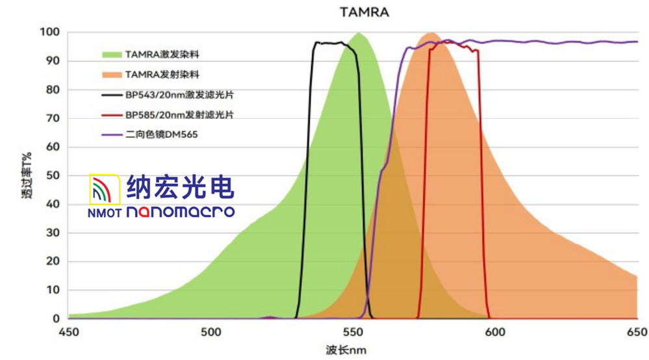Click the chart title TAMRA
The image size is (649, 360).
pos(364,12)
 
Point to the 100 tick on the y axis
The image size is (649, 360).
pos(50,32)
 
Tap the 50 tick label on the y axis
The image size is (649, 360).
pos(53,175)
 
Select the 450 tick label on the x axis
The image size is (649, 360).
pos(68,331)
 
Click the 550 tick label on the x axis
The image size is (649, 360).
pos(352,331)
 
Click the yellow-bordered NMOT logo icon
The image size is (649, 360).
pos(104,190)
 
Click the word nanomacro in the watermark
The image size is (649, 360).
pos(180,212)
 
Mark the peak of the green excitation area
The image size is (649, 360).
pos(358,33)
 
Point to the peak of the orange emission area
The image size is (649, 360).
pos(430,33)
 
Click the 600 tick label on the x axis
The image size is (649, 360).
pos(495,331)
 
